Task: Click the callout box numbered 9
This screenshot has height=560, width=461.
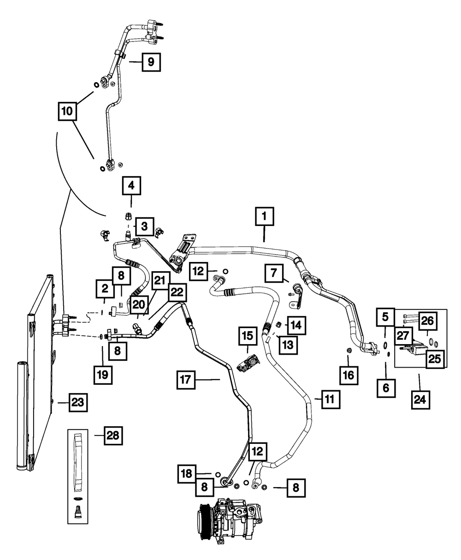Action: (151, 62)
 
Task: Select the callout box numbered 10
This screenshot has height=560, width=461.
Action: (67, 111)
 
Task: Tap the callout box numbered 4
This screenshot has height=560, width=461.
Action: (131, 185)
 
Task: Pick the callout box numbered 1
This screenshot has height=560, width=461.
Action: (264, 216)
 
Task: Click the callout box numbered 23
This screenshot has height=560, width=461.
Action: (78, 402)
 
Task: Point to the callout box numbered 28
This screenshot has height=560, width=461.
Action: (113, 435)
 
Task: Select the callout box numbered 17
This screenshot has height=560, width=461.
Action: (186, 380)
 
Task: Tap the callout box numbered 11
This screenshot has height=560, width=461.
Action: (331, 399)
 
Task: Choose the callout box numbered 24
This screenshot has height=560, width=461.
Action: (420, 399)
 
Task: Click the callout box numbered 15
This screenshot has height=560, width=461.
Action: (248, 336)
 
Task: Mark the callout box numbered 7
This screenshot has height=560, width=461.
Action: (274, 273)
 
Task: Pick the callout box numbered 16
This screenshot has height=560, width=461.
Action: (349, 375)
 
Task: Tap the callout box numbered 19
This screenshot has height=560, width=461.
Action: (103, 375)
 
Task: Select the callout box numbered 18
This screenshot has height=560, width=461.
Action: (187, 474)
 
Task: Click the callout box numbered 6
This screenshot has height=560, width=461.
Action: (386, 388)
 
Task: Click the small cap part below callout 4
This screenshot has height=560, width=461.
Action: (128, 215)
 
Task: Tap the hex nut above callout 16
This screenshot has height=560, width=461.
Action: (349, 350)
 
